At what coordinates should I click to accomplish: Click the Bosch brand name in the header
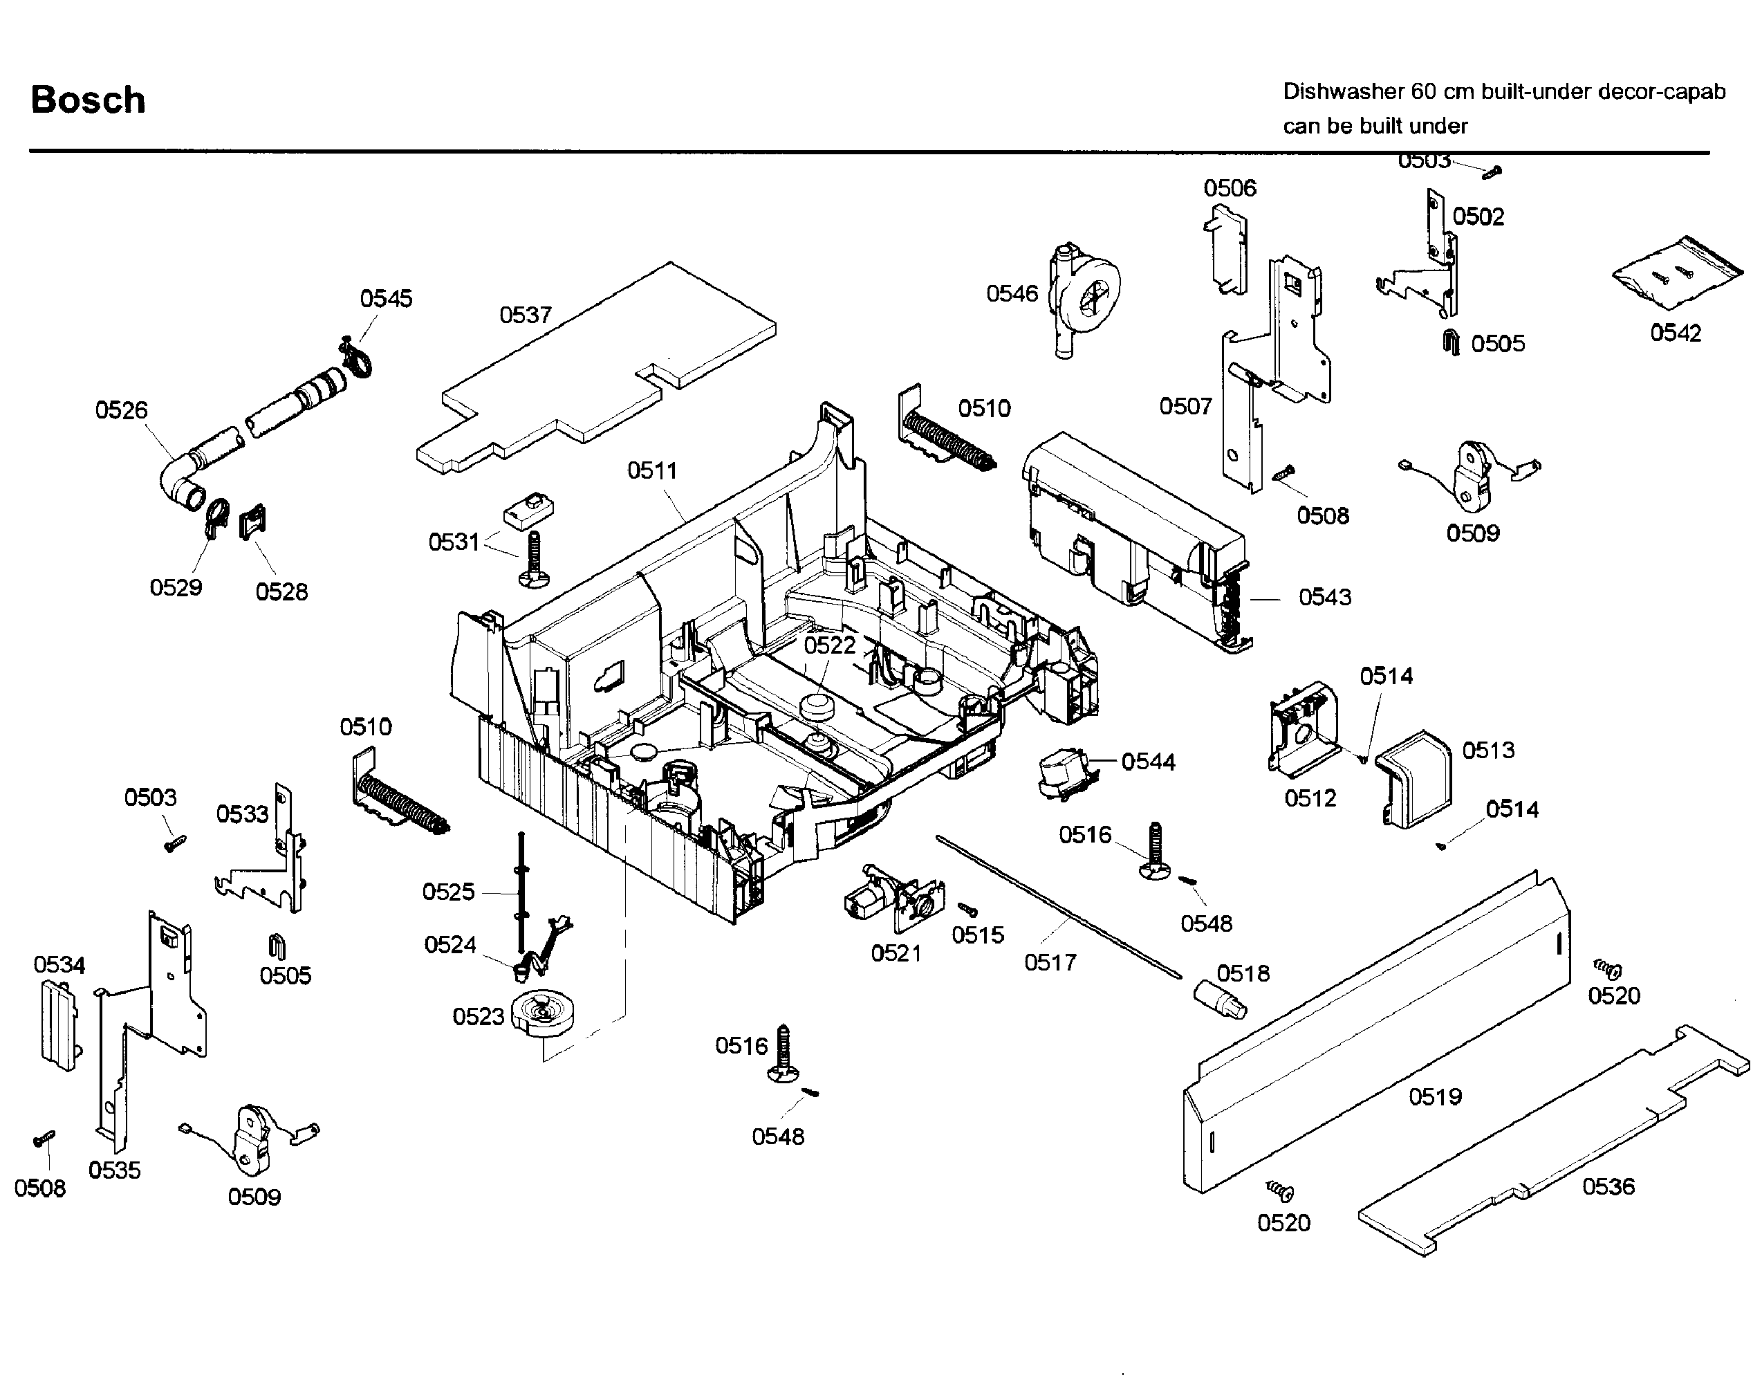coord(88,100)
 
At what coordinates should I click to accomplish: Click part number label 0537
coord(526,315)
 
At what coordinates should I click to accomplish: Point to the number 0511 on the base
coord(651,470)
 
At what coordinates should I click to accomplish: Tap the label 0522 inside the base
coord(829,645)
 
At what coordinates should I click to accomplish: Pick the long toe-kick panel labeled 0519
coord(1374,1033)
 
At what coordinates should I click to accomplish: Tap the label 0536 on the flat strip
coord(1608,1186)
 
